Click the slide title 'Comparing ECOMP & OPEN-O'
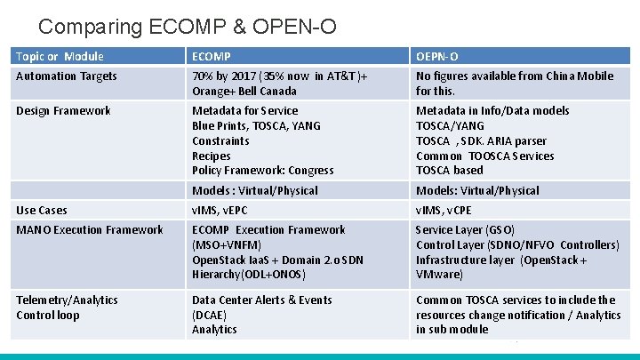click(188, 27)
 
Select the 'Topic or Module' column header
click(60, 56)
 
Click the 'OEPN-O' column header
click(437, 56)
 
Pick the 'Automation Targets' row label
click(67, 76)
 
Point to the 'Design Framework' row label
click(63, 111)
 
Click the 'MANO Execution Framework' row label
click(90, 229)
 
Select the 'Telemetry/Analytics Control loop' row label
click(67, 308)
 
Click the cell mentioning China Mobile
click(514, 84)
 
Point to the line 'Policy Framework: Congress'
click(263, 171)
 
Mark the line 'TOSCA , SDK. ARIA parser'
click(481, 140)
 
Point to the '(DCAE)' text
click(211, 315)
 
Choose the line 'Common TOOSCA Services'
click(484, 156)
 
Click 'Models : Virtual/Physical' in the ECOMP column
click(254, 190)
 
